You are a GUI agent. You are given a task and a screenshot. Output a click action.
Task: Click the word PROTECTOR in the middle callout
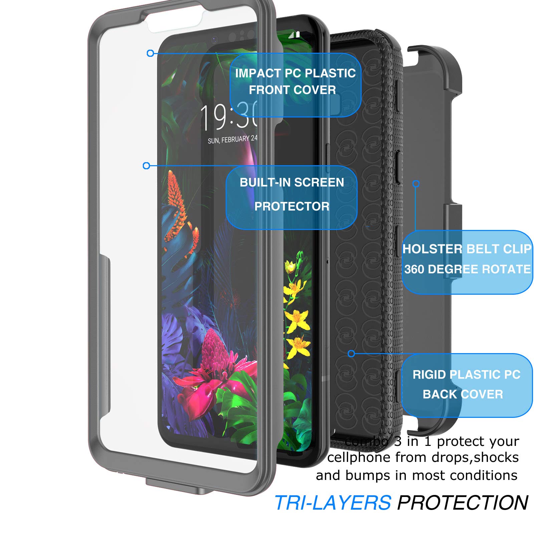pyautogui.click(x=292, y=207)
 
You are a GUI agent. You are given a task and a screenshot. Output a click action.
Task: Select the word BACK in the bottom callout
pyautogui.click(x=437, y=394)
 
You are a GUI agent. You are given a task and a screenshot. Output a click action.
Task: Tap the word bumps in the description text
pyautogui.click(x=367, y=475)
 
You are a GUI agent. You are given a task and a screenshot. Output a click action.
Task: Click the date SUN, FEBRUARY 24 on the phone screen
pyautogui.click(x=232, y=140)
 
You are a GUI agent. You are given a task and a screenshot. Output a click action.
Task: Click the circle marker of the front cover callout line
pyautogui.click(x=151, y=53)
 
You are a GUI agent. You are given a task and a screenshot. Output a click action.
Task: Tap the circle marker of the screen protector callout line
pyautogui.click(x=146, y=166)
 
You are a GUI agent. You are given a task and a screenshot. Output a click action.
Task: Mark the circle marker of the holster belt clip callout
pyautogui.click(x=416, y=184)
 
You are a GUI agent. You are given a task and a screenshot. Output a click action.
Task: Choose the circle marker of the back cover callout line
pyautogui.click(x=351, y=354)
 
